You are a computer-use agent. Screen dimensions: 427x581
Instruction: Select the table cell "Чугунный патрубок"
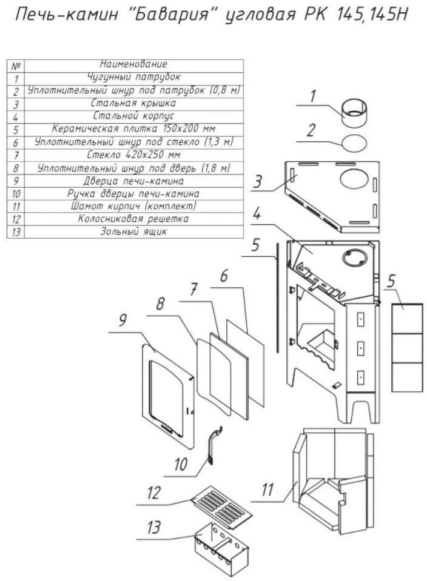(133, 77)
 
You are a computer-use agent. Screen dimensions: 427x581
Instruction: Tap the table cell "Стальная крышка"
(133, 103)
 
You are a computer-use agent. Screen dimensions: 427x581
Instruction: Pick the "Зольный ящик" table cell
(133, 231)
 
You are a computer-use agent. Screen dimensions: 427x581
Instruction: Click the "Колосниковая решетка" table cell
(133, 219)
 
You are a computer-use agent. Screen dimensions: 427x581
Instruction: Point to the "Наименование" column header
(133, 64)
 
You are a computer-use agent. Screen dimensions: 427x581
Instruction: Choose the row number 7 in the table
(16, 155)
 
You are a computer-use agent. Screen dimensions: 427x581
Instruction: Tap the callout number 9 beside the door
(123, 320)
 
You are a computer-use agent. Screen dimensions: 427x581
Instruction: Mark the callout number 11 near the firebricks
(267, 490)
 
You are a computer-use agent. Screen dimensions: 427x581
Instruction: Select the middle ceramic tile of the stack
(407, 348)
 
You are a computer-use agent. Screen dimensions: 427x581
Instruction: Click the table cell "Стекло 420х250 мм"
(133, 155)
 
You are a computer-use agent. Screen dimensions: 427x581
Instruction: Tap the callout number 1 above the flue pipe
(312, 96)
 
